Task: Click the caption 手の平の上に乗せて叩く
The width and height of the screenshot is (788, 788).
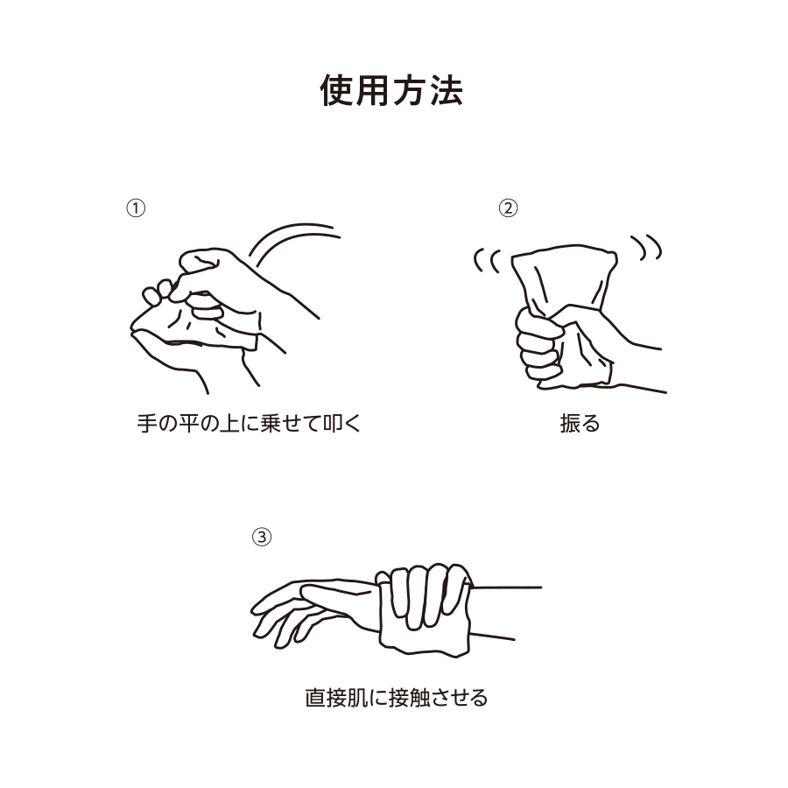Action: [250, 425]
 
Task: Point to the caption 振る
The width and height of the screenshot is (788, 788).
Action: [579, 425]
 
